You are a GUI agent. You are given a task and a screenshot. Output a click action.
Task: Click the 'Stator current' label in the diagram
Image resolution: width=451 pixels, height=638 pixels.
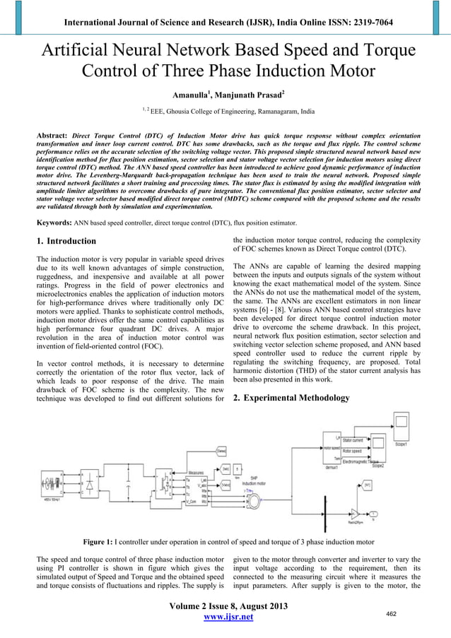[356, 439]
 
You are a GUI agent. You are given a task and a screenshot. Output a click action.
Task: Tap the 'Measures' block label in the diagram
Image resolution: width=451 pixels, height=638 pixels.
[197, 472]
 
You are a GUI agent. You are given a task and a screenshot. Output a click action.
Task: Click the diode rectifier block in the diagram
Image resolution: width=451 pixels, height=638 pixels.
[90, 488]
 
